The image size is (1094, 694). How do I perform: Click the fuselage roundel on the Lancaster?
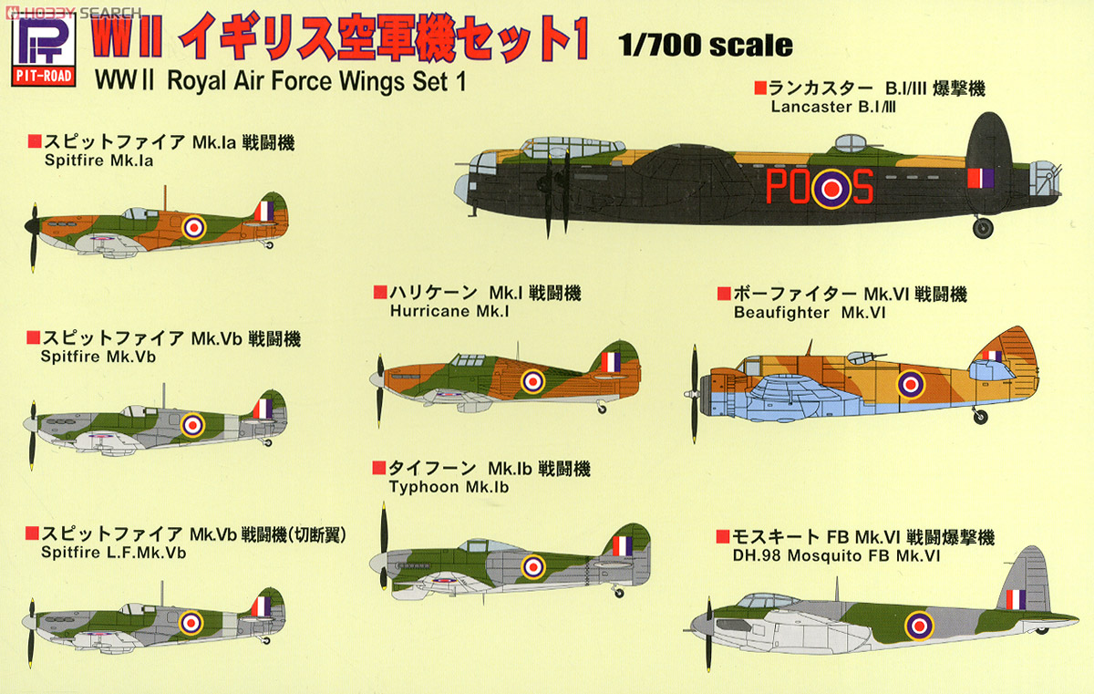(831, 188)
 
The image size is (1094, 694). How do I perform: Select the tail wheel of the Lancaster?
(982, 228)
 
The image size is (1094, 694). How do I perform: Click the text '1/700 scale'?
(705, 46)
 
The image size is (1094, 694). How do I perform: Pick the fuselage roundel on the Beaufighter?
(911, 384)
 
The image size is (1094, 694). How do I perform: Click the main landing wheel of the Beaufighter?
(980, 417)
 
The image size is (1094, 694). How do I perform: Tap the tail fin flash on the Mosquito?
(1016, 599)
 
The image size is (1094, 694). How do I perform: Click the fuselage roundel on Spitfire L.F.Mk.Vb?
(191, 622)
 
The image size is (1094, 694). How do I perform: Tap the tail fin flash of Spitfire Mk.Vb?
(263, 408)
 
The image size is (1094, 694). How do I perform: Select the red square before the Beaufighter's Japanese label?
(723, 294)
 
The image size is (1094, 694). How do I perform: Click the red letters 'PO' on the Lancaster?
(789, 187)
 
